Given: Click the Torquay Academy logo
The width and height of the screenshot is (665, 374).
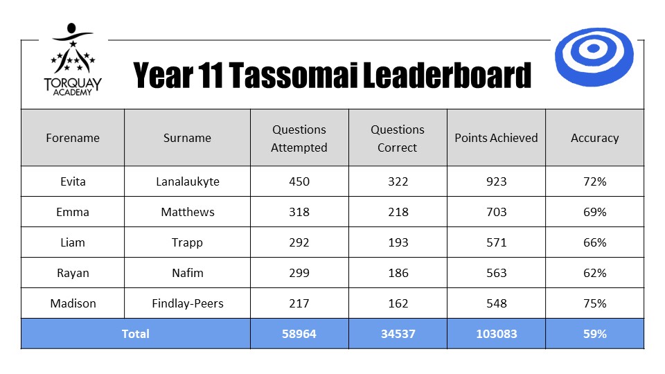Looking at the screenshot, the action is (73, 60).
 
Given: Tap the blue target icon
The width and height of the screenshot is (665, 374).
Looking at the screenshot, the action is (594, 57).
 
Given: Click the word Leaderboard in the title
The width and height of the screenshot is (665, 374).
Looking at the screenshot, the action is (447, 75).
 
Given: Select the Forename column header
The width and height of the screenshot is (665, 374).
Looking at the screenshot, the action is (73, 138).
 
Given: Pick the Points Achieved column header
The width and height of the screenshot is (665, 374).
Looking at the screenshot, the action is (496, 138).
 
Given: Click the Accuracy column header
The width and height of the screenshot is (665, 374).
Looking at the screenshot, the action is (594, 139).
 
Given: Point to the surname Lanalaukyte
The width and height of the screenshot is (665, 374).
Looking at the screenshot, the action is (188, 182).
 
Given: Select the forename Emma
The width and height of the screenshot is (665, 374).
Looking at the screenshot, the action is (73, 212).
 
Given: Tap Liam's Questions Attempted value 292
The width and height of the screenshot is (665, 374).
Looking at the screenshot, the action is (299, 242).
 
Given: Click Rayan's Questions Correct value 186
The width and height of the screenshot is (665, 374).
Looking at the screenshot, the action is (398, 273).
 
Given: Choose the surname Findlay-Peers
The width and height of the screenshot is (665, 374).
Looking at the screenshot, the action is (188, 303).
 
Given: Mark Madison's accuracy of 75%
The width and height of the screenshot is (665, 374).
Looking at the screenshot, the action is (594, 303).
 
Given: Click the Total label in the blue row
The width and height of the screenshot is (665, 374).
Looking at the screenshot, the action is (135, 334).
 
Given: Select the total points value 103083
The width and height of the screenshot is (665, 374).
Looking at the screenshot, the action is (496, 334).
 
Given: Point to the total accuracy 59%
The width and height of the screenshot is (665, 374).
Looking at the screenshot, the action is (594, 334).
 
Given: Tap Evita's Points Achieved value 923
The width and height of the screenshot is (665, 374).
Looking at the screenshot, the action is (496, 181).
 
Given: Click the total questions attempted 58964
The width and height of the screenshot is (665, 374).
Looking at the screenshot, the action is (299, 334).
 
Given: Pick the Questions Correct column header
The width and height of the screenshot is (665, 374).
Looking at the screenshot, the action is (398, 139).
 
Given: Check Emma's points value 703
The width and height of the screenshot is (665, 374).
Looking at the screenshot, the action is (496, 212).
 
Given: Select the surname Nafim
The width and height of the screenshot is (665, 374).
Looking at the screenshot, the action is (188, 273).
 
